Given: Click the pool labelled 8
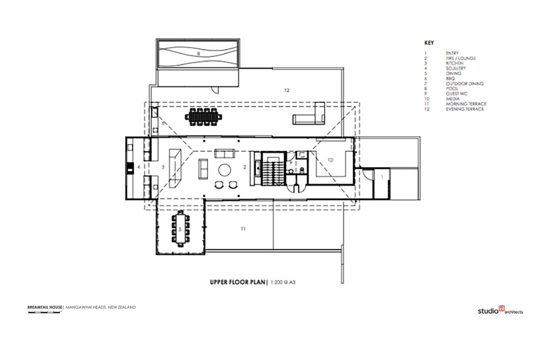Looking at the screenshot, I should pyautogui.click(x=198, y=53).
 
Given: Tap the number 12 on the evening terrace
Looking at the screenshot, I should pyautogui.click(x=287, y=90).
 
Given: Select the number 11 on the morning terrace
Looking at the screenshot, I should pyautogui.click(x=243, y=229).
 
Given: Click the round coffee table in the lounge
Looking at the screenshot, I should pyautogui.click(x=225, y=170).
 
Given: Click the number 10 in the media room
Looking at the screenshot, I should pyautogui.click(x=330, y=160).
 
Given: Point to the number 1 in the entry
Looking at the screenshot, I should pyautogui.click(x=382, y=177).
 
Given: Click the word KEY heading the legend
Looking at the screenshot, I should pyautogui.click(x=429, y=43).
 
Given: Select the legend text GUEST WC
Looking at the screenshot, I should pyautogui.click(x=456, y=94).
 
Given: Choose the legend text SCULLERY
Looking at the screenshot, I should pyautogui.click(x=456, y=68).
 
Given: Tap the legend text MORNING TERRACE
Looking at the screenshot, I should pyautogui.click(x=466, y=104).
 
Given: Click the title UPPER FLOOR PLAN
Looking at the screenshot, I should pyautogui.click(x=237, y=282).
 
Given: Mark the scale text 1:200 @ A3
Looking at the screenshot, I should pyautogui.click(x=283, y=282).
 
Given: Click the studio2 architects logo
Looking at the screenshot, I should pyautogui.click(x=500, y=310).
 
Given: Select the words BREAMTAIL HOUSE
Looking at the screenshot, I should pyautogui.click(x=45, y=307).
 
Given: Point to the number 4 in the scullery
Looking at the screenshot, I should pyautogui.click(x=138, y=167).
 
